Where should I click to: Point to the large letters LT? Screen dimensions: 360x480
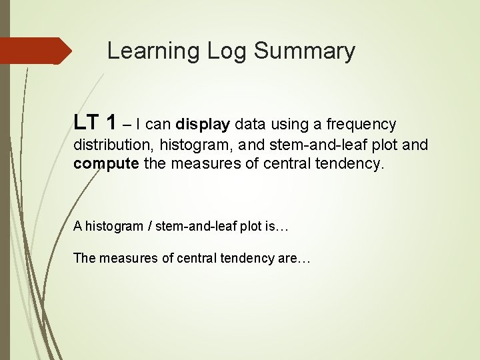click(87, 123)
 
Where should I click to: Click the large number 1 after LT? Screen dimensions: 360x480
click(112, 123)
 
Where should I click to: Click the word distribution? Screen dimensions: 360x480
click(113, 145)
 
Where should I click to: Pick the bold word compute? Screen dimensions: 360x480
click(107, 164)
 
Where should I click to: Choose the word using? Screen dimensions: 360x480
click(287, 125)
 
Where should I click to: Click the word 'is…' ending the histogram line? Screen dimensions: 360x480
click(276, 226)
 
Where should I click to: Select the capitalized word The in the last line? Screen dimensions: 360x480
click(84, 258)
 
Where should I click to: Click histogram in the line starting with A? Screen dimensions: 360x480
click(114, 226)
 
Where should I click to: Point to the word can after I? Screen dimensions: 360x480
click(158, 125)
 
